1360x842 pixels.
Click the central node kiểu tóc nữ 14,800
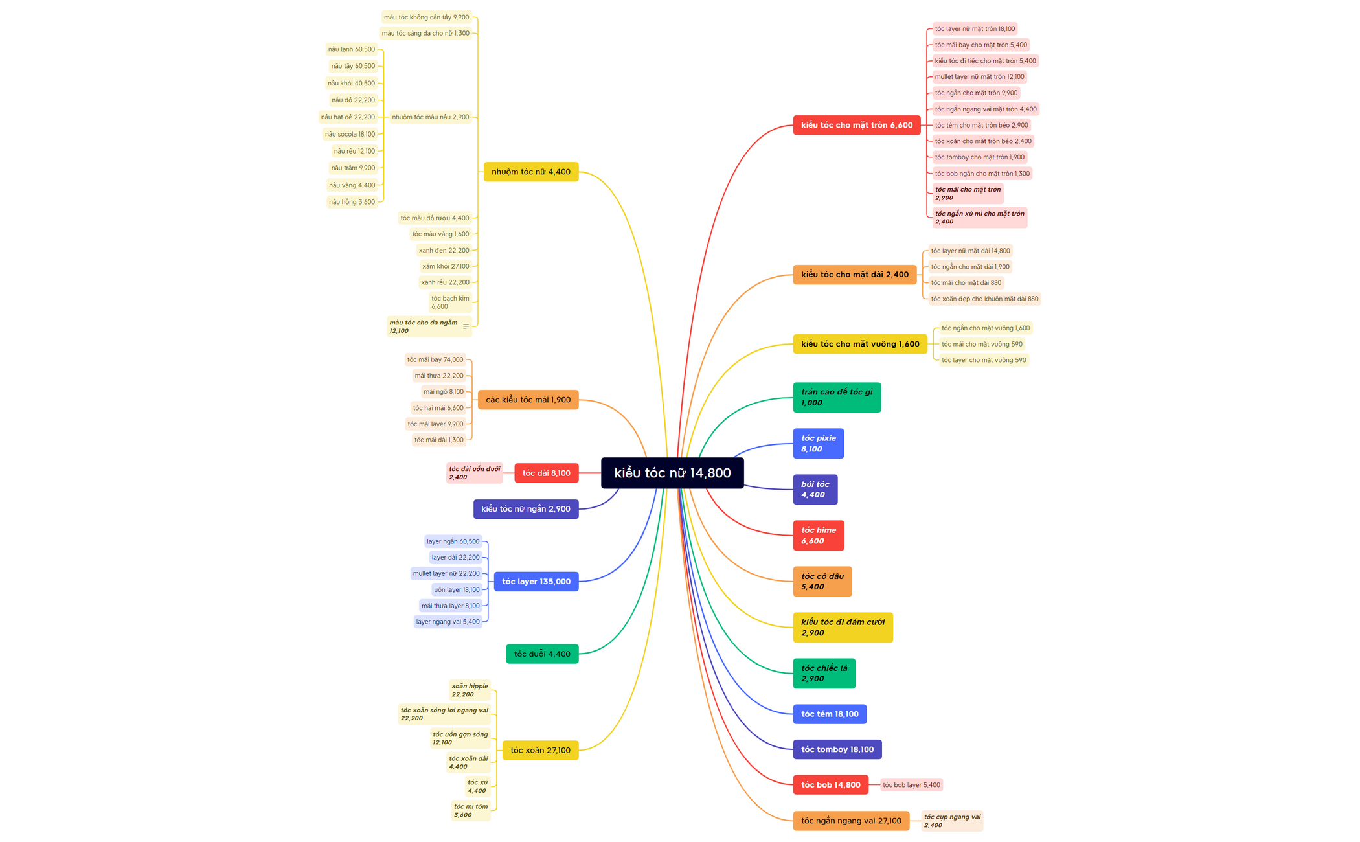pyautogui.click(x=672, y=473)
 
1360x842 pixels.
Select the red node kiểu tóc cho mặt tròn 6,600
pyautogui.click(x=857, y=125)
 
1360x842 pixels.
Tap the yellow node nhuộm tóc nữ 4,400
pyautogui.click(x=531, y=172)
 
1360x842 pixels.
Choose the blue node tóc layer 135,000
pyautogui.click(x=536, y=581)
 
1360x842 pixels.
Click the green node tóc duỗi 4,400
pyautogui.click(x=542, y=654)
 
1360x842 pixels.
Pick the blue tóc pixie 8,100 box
pyautogui.click(x=819, y=444)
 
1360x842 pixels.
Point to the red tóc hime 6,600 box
pyautogui.click(x=819, y=536)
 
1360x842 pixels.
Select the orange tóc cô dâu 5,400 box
pyautogui.click(x=822, y=582)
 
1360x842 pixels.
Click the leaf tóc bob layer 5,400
pyautogui.click(x=911, y=785)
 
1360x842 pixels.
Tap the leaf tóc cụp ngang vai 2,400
pyautogui.click(x=952, y=821)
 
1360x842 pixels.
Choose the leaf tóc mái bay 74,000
pyautogui.click(x=435, y=359)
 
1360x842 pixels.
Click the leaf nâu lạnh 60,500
pyautogui.click(x=351, y=49)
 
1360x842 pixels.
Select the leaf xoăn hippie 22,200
pyautogui.click(x=470, y=690)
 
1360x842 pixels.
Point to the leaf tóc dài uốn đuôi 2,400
pyautogui.click(x=474, y=473)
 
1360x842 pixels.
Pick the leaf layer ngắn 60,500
pyautogui.click(x=453, y=541)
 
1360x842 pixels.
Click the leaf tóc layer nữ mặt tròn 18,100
pyautogui.click(x=975, y=28)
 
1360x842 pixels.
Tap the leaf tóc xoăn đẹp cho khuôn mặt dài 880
pyautogui.click(x=984, y=299)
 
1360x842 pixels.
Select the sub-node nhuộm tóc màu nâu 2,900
pyautogui.click(x=431, y=117)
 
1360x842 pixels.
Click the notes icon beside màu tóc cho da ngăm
pyautogui.click(x=466, y=326)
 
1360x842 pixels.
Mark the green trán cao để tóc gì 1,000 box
pyautogui.click(x=837, y=397)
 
